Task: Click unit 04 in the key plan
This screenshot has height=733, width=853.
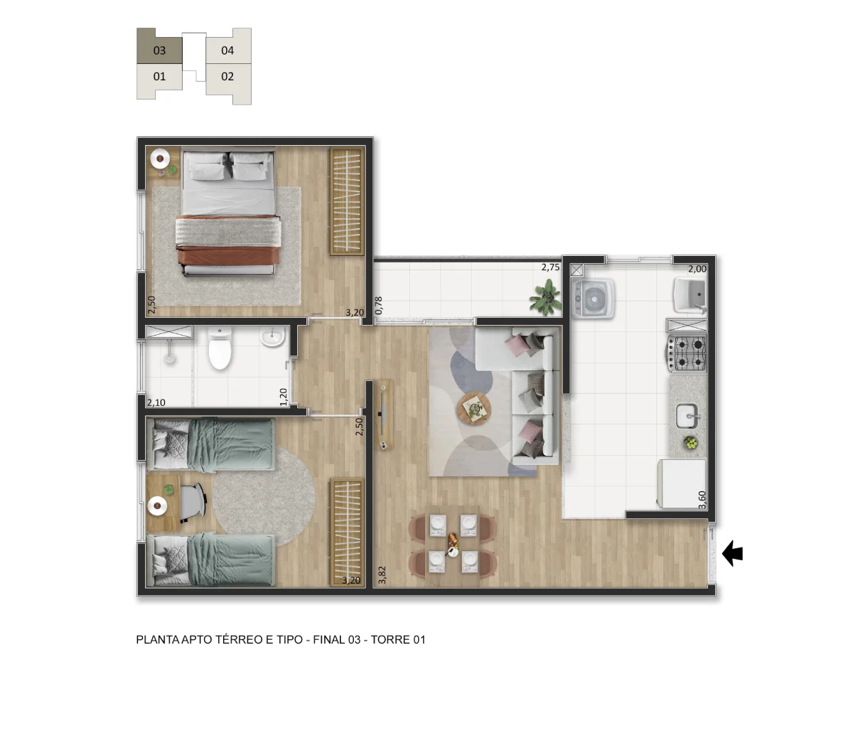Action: (228, 46)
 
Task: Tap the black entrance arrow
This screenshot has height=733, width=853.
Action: (732, 553)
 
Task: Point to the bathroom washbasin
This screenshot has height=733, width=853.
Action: (273, 338)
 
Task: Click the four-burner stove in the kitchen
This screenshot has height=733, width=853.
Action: (687, 353)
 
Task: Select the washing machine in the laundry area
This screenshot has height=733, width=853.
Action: (593, 299)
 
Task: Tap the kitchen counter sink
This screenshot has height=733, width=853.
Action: (687, 417)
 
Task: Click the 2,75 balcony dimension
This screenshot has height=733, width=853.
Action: (550, 267)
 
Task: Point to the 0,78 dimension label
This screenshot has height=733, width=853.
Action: (380, 306)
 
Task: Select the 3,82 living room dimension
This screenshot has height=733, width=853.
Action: (382, 575)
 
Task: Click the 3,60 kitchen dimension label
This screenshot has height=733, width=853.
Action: (702, 501)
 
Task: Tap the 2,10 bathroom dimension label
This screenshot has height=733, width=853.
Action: (156, 402)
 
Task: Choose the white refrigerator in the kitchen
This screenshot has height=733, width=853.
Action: (681, 483)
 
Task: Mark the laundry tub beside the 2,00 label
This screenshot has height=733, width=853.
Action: (690, 294)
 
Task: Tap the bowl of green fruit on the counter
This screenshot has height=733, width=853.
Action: (690, 443)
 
